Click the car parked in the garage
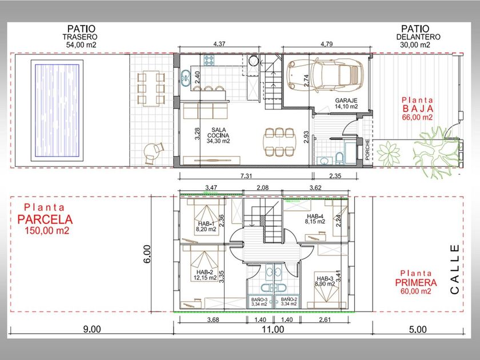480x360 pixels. click(x=325, y=75)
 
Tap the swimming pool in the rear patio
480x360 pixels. click(x=57, y=110)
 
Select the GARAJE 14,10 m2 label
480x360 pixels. click(x=346, y=103)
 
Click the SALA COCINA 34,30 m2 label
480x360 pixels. click(x=218, y=135)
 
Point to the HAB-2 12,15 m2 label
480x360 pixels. click(x=205, y=275)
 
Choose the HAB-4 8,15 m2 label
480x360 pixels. click(x=315, y=219)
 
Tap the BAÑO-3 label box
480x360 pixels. click(x=259, y=302)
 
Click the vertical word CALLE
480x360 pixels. click(x=455, y=269)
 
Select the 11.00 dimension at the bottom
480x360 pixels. click(x=273, y=329)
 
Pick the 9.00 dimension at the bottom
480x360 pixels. click(x=92, y=329)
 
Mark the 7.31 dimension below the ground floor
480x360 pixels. click(x=246, y=176)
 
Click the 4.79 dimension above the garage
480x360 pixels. click(x=327, y=44)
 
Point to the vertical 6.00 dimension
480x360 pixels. click(x=147, y=254)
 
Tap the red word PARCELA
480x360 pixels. click(x=45, y=219)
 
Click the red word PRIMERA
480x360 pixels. click(x=416, y=282)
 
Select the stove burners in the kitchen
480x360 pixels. click(x=209, y=60)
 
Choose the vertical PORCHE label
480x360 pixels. click(x=367, y=150)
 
